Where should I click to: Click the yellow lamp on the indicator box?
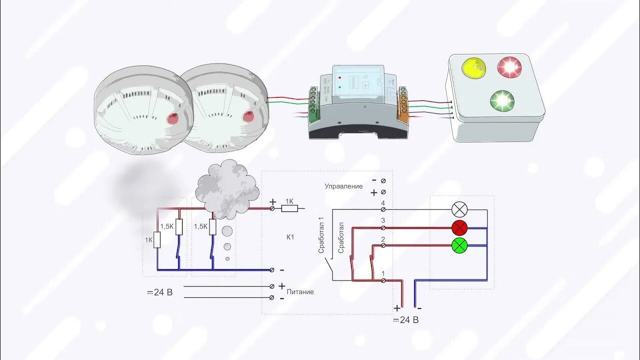pos(474,68)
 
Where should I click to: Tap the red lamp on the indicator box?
pos(509,66)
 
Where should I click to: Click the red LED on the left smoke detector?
pos(172,119)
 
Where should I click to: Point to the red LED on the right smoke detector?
pos(248,117)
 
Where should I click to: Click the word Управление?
pos(343,186)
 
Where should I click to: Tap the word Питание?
pos(300,291)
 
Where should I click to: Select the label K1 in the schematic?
pos(290,237)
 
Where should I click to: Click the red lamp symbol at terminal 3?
pos(459,227)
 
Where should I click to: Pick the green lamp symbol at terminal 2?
pos(459,245)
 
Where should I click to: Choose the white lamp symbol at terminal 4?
pos(459,209)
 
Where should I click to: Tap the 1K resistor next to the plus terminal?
pos(289,208)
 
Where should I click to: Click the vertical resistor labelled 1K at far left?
pos(157,240)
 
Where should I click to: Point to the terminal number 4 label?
pos(383,203)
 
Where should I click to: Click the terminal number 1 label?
pos(383,273)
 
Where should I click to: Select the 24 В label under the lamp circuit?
pos(405,320)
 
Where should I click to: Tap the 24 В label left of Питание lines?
pos(159,292)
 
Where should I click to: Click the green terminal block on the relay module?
pos(314,105)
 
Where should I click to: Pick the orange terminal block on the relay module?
pos(402,105)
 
